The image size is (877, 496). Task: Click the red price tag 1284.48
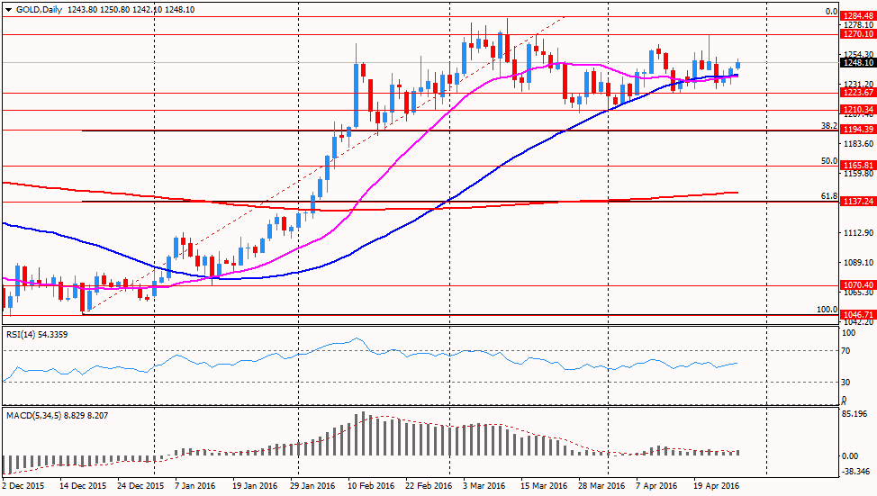858,15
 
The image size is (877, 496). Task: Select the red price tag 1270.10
858,34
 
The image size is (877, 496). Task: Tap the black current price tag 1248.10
858,63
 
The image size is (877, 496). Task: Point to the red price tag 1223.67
858,93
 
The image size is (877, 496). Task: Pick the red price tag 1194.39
858,130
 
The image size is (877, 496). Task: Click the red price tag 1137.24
858,202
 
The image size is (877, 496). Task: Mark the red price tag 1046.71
858,316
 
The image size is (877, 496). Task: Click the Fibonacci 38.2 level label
830,126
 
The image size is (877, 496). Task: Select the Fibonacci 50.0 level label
830,161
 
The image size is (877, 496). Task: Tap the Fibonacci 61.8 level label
830,196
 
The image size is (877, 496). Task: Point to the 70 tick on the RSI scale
845,350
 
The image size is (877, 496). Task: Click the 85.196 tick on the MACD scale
856,415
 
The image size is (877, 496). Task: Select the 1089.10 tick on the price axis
856,262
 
